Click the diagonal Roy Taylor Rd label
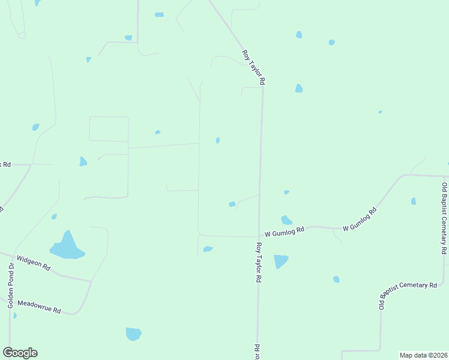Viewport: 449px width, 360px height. [x=253, y=67]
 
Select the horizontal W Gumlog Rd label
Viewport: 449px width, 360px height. [x=285, y=230]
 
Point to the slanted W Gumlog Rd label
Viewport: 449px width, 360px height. [x=360, y=220]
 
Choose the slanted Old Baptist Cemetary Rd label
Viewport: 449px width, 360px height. [x=408, y=295]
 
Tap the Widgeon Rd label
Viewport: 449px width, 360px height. [x=34, y=263]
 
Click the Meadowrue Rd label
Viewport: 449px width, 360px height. [x=39, y=307]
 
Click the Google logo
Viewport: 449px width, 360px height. [x=20, y=353]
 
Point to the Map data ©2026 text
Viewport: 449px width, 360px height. [x=423, y=355]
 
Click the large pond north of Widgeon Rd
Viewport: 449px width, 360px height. [x=67, y=247]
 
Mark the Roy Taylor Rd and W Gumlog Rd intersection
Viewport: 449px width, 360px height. [x=259, y=236]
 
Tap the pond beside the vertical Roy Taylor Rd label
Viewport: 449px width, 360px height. [x=280, y=262]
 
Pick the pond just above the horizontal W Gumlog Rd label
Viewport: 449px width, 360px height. [x=286, y=220]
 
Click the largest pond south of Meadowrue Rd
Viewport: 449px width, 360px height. [x=133, y=334]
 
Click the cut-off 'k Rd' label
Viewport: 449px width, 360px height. [x=5, y=164]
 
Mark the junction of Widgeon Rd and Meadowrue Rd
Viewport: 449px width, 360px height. [x=91, y=281]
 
